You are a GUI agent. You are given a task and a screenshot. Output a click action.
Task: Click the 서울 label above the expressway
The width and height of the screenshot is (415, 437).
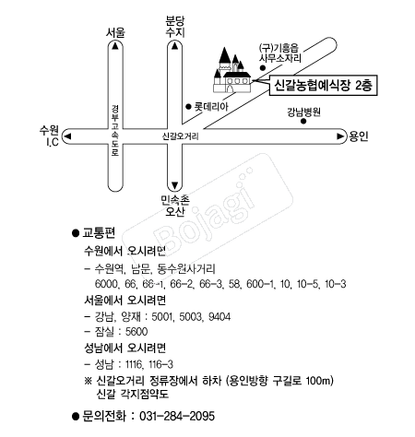pos(115,32)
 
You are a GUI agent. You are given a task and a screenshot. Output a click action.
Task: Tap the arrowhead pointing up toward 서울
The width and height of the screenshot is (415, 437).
pos(115,46)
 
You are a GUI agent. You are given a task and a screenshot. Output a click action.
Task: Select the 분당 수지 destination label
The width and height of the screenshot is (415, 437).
pos(175,27)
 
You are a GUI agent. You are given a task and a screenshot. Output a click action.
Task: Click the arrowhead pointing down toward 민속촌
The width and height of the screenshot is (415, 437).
pos(174,185)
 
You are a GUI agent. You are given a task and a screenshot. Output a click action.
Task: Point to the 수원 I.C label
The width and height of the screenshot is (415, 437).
pos(49,136)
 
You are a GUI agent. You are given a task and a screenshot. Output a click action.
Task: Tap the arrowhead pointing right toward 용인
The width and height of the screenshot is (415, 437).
pos(340,136)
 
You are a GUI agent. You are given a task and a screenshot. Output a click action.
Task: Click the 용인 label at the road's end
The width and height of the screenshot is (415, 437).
pos(359,136)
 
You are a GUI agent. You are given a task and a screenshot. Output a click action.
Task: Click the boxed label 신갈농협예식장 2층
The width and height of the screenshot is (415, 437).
pos(323,85)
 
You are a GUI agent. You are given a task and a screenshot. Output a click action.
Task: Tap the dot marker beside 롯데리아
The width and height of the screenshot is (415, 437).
pos(189,107)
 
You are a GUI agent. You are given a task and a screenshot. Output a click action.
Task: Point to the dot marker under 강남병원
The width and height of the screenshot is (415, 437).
pos(303,121)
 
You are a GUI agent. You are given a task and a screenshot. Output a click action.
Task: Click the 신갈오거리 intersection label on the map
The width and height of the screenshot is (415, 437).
pos(181,136)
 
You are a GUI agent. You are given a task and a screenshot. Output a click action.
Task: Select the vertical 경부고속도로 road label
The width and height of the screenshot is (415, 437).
pos(115,131)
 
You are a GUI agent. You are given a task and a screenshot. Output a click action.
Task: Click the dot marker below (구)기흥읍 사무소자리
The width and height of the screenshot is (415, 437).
pos(263,68)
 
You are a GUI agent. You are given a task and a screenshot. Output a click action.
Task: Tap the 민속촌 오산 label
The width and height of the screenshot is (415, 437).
pos(175,206)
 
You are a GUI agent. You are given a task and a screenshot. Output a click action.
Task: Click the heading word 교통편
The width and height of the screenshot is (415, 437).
pos(99,233)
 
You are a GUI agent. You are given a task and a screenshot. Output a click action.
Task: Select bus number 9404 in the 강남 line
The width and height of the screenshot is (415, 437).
pos(219,316)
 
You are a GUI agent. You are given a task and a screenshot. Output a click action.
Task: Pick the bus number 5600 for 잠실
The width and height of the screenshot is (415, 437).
pos(136,332)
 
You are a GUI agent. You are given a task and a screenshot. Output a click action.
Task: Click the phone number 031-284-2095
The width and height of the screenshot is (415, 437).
pos(177,416)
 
